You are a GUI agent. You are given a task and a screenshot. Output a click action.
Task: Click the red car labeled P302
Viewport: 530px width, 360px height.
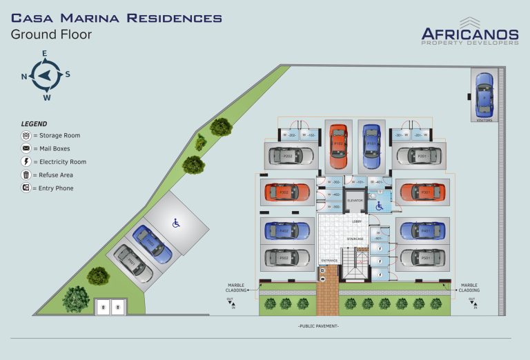[x=282, y=192]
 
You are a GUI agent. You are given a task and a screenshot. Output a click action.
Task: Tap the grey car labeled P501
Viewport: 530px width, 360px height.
[x=420, y=258]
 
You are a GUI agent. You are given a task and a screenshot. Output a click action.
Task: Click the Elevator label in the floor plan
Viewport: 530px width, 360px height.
[x=355, y=201]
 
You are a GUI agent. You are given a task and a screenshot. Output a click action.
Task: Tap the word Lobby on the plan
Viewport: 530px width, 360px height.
[x=357, y=221]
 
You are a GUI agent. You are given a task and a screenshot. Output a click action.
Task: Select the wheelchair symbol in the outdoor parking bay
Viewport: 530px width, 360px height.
[x=175, y=222]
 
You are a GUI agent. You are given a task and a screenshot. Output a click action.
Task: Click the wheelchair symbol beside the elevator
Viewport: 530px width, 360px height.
[x=379, y=204]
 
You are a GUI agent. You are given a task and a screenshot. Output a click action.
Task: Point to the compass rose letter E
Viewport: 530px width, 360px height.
[x=45, y=53]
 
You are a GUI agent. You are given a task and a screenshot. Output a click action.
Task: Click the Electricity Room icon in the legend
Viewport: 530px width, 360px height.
[x=26, y=162]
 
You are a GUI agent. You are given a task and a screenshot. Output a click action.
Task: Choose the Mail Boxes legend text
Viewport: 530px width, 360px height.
[x=55, y=149]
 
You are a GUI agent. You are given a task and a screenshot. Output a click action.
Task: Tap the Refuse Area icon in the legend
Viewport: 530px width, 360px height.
[x=26, y=175]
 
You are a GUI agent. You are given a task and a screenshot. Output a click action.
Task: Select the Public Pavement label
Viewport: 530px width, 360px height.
[x=318, y=325]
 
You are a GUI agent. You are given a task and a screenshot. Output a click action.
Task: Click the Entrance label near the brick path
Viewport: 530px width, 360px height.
[x=329, y=261]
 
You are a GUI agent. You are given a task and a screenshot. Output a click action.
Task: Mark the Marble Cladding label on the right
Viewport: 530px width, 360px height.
[x=469, y=288]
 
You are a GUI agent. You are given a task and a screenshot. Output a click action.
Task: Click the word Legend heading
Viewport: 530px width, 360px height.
[x=35, y=123]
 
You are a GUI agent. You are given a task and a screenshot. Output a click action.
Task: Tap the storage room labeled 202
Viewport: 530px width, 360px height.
[x=291, y=135]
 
